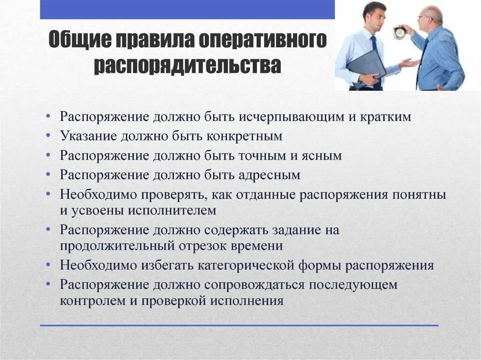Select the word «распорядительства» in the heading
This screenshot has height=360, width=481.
(187, 66)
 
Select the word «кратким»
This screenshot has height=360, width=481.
(386, 117)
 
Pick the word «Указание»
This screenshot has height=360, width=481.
(89, 136)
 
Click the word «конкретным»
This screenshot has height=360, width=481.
(243, 136)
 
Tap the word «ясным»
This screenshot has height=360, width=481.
(319, 155)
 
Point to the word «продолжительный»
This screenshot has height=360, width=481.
(118, 245)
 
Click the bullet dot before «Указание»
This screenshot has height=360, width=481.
(50, 137)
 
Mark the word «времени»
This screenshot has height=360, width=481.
(257, 245)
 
